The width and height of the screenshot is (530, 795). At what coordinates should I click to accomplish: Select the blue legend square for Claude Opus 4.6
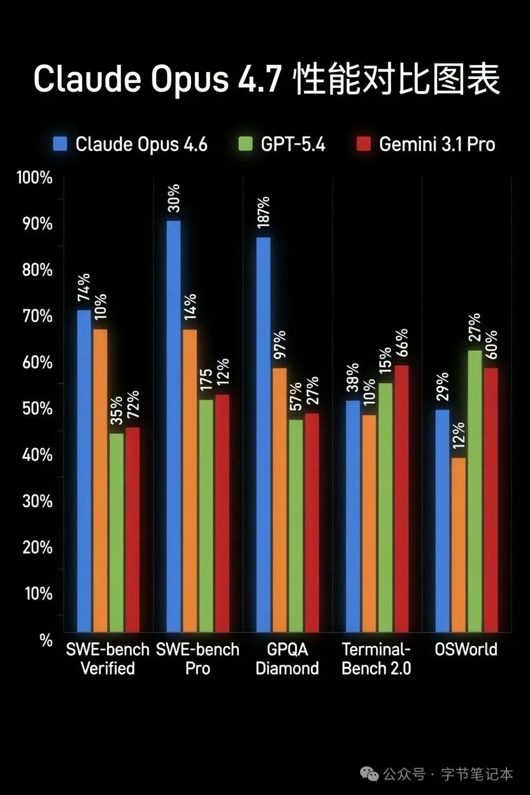point(60,144)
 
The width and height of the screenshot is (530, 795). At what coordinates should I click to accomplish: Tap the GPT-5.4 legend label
point(293,145)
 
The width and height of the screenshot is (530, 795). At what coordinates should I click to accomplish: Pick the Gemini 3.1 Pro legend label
point(437,145)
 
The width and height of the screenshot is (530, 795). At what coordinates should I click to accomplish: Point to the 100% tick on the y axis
point(34,178)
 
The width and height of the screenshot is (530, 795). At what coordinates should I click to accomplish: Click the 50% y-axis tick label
point(37,409)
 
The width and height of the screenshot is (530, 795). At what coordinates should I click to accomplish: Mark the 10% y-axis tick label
point(37,594)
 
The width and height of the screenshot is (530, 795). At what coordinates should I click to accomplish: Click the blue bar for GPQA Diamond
point(263,434)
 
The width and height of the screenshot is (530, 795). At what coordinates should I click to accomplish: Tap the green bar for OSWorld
point(475,491)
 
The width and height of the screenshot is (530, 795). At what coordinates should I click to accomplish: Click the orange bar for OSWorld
point(459,545)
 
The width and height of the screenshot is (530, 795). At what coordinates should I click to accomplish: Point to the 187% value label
point(263,213)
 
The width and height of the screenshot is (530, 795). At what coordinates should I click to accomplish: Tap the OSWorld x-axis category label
point(466,650)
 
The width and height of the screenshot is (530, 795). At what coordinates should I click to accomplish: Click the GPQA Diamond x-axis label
point(287,659)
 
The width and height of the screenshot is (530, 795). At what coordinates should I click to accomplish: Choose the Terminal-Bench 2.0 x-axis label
point(376,659)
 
